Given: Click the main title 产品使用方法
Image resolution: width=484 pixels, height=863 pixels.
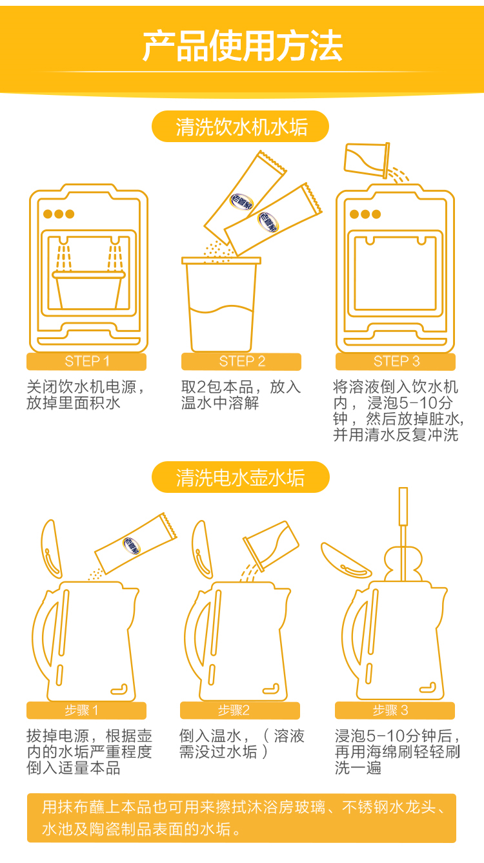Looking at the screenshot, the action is tap(242, 47).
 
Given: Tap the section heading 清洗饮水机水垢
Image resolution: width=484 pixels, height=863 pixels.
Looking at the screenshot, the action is tap(241, 127).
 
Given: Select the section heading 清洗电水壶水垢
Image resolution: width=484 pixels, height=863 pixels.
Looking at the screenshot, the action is tap(241, 478).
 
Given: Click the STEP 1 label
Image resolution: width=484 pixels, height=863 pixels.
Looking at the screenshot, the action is tap(87, 361).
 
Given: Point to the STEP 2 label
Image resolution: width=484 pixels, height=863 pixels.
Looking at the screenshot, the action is tap(242, 361).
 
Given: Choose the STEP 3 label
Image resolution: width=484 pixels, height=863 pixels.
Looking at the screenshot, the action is tap(396, 361).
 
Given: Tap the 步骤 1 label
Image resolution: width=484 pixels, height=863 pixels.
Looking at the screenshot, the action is tap(81, 710).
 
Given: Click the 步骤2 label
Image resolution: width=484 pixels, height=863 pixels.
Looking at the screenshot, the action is tap(234, 710).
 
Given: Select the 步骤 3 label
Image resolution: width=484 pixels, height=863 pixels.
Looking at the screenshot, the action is tap(390, 710).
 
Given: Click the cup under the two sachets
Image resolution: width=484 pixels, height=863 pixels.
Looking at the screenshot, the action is tap(221, 304).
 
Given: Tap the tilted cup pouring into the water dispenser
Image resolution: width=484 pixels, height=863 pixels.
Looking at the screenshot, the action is tap(367, 160).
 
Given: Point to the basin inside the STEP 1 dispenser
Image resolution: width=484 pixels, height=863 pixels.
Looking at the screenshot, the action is tap(88, 290).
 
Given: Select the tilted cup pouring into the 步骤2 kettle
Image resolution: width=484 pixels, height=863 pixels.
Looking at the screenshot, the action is tap(270, 546).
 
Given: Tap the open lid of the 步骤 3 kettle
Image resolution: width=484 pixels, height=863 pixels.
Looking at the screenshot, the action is tap(345, 561).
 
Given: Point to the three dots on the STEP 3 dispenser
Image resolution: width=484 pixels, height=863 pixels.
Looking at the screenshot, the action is tap(365, 214).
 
